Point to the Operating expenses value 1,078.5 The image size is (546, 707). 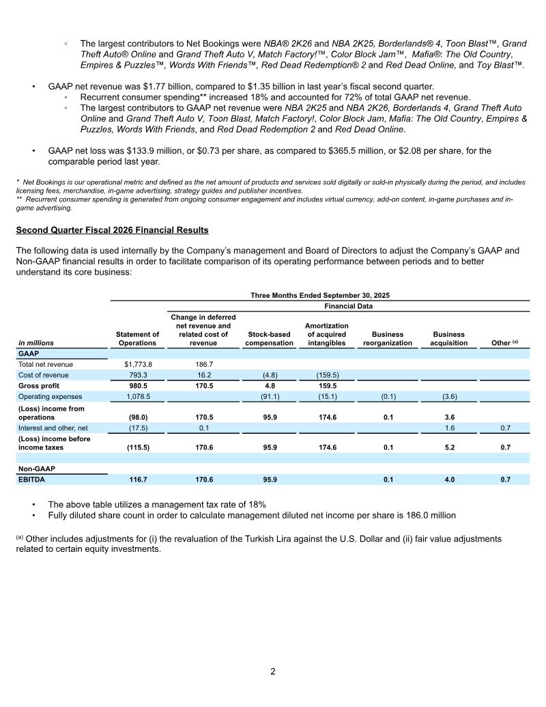tap(137, 396)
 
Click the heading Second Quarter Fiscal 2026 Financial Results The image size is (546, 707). tap(112, 230)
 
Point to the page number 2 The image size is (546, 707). tap(272, 671)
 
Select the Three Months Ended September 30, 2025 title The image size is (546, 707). tap(319, 295)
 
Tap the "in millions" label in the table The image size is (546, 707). tap(35, 343)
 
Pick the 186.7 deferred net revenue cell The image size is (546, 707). tap(203, 365)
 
